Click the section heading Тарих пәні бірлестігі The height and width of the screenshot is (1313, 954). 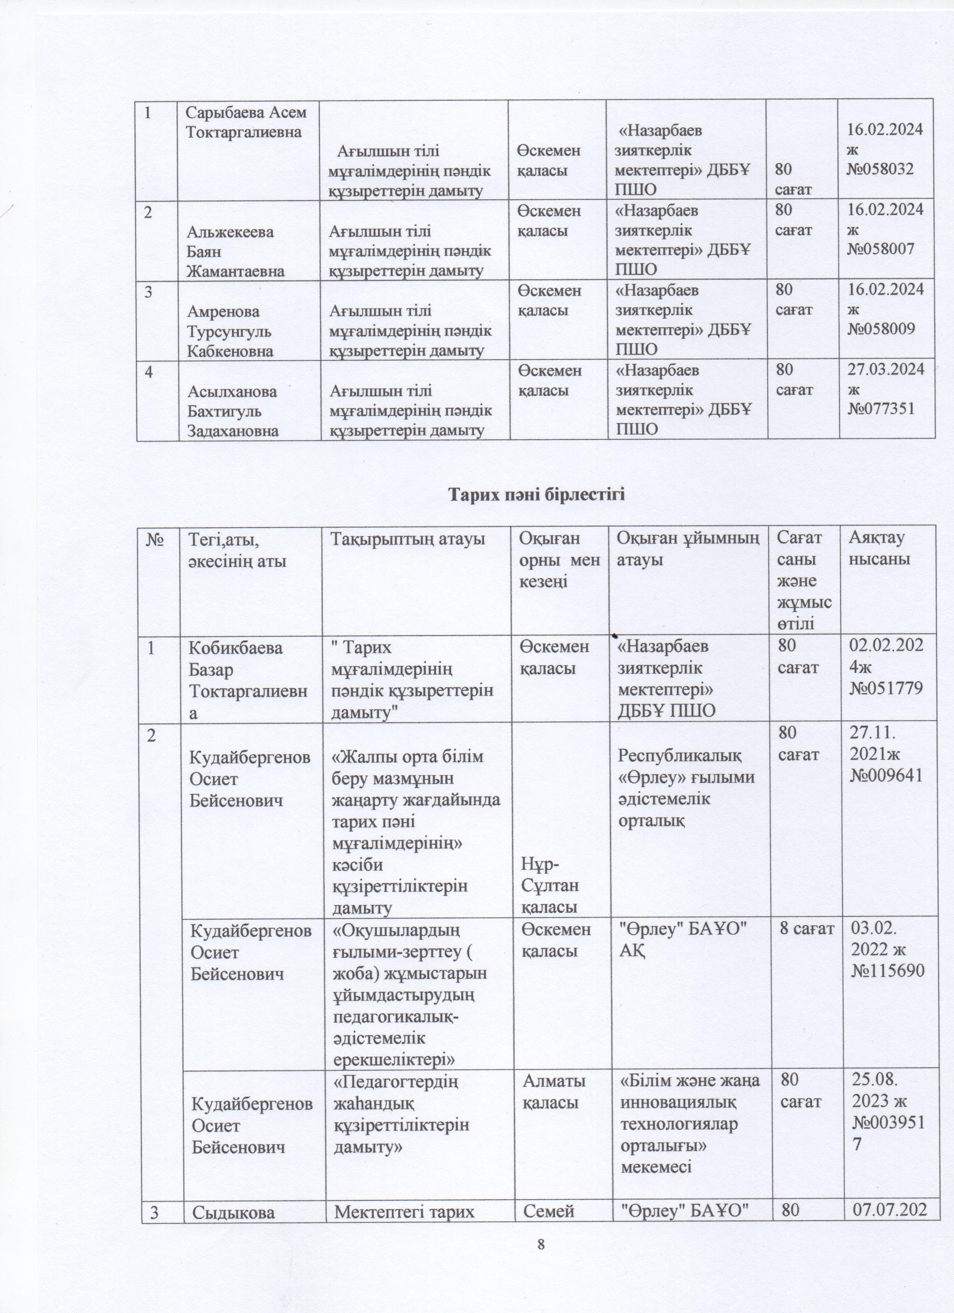point(538,495)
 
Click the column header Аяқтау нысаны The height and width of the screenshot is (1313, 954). point(878,548)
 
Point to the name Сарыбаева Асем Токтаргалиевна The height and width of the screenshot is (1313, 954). point(246,122)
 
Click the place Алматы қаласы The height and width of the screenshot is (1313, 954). point(554,1091)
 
